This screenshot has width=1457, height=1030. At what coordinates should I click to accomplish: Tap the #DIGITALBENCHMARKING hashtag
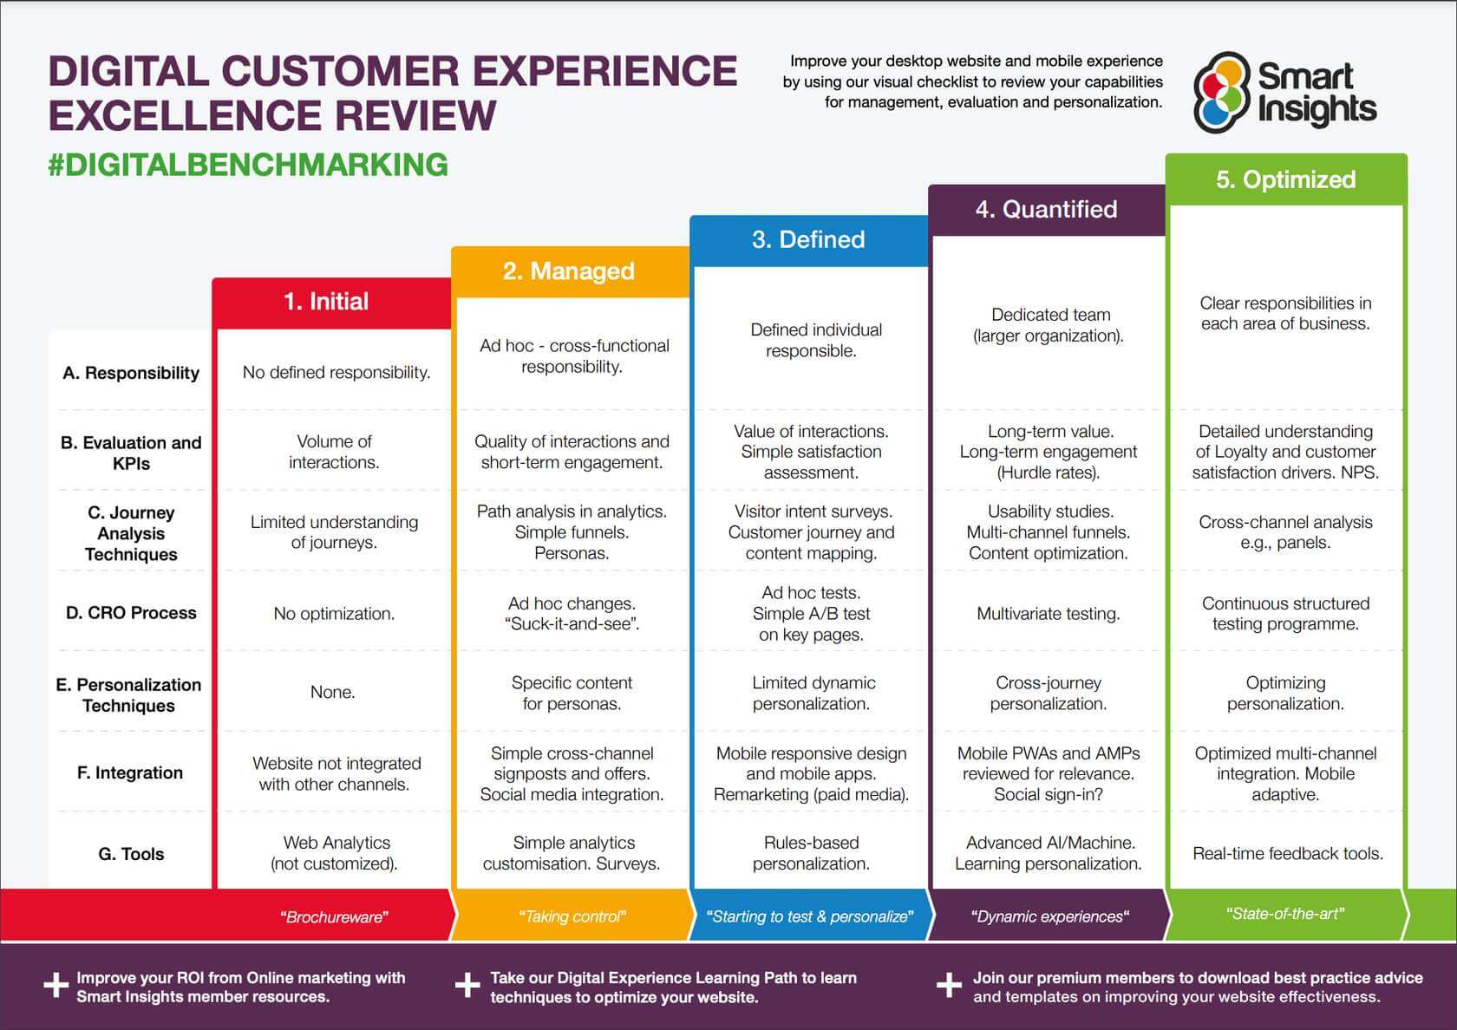[x=248, y=165]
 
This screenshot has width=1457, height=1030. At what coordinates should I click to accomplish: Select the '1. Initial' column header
[x=326, y=302]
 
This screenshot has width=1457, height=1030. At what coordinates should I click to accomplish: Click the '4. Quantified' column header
[x=1046, y=210]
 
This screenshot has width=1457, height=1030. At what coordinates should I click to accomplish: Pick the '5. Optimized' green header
[x=1285, y=179]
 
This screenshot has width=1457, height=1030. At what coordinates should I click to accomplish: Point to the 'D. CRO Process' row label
[x=131, y=613]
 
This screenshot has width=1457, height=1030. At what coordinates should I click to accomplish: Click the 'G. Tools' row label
[x=131, y=854]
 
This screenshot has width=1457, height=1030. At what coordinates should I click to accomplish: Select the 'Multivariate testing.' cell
[x=1048, y=614]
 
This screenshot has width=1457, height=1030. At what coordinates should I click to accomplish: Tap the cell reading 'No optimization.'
[x=334, y=614]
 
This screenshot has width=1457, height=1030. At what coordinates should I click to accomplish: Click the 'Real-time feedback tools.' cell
[x=1287, y=854]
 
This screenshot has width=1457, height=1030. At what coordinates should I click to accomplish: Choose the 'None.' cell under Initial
[x=333, y=693]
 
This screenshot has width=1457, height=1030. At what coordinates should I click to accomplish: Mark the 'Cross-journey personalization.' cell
[x=1048, y=694]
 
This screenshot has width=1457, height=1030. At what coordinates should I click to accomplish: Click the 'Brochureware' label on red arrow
[x=334, y=917]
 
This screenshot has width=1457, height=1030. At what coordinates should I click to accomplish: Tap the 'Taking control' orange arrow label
[x=572, y=917]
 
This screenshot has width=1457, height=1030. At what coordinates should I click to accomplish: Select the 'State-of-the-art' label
[x=1285, y=914]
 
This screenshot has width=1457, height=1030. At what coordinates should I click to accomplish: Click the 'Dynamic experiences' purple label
[x=1049, y=917]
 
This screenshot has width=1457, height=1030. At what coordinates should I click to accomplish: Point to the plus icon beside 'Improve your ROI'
[x=56, y=986]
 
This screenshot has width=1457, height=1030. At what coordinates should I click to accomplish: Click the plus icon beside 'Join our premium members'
[x=949, y=986]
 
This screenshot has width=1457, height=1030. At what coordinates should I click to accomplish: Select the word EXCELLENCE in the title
[x=185, y=116]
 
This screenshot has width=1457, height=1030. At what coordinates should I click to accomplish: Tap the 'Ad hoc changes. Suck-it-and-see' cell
[x=572, y=614]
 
